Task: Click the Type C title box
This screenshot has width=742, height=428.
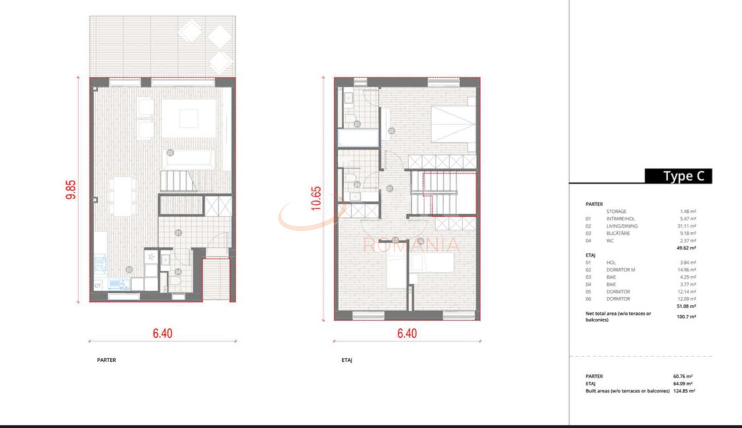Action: (x=678, y=176)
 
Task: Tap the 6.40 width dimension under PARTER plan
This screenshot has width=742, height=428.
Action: (x=163, y=333)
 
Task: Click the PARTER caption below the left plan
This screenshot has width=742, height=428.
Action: (x=106, y=361)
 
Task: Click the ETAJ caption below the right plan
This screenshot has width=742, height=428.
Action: (x=347, y=361)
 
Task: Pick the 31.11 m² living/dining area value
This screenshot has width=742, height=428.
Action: (x=688, y=227)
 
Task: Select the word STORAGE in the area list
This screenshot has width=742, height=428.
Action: (x=616, y=212)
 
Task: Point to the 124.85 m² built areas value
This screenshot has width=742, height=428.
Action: (x=684, y=391)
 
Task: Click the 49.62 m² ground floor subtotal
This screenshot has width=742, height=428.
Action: (x=686, y=248)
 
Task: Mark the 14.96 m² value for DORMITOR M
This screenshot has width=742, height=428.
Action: (x=687, y=269)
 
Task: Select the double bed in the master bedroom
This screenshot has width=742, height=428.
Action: (x=452, y=123)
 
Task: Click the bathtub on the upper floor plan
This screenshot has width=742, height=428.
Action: (x=357, y=138)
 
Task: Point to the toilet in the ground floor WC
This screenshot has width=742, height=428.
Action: (x=176, y=281)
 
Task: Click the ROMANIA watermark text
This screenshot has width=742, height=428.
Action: (x=411, y=245)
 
